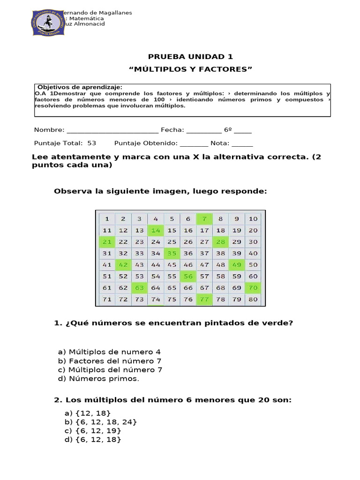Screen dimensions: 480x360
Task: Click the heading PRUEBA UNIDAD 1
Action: click(x=190, y=57)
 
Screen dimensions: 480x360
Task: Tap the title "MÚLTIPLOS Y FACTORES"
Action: click(x=190, y=69)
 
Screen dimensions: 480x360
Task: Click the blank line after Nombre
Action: click(x=112, y=130)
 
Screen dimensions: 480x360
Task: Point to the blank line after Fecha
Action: click(x=203, y=130)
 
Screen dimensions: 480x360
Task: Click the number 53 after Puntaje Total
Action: click(x=91, y=143)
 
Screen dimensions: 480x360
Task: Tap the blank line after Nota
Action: click(x=242, y=143)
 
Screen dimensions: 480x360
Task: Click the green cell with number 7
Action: click(x=204, y=218)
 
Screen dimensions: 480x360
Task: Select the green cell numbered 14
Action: click(x=156, y=230)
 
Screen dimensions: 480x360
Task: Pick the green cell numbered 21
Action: click(x=107, y=242)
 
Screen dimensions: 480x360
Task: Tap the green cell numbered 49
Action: click(x=237, y=265)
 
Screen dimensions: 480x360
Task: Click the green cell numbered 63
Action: click(x=139, y=288)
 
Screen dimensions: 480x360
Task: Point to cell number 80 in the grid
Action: click(x=253, y=299)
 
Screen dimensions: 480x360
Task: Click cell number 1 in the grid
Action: click(x=107, y=218)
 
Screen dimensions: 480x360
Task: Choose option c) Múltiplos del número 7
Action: click(x=111, y=370)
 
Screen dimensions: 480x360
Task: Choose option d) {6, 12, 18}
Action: click(x=93, y=439)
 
